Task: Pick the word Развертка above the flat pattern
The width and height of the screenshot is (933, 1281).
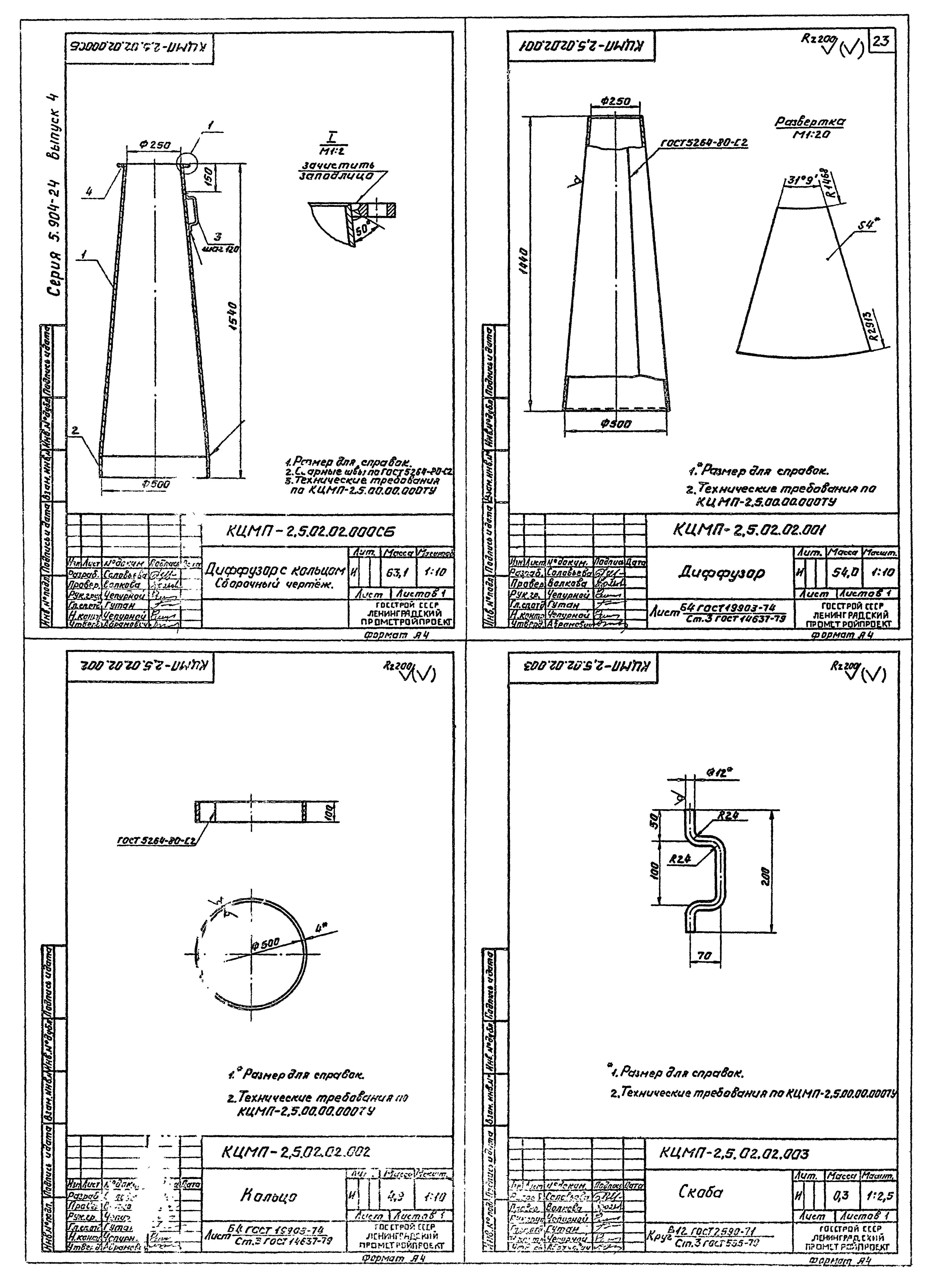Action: pos(810,122)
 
